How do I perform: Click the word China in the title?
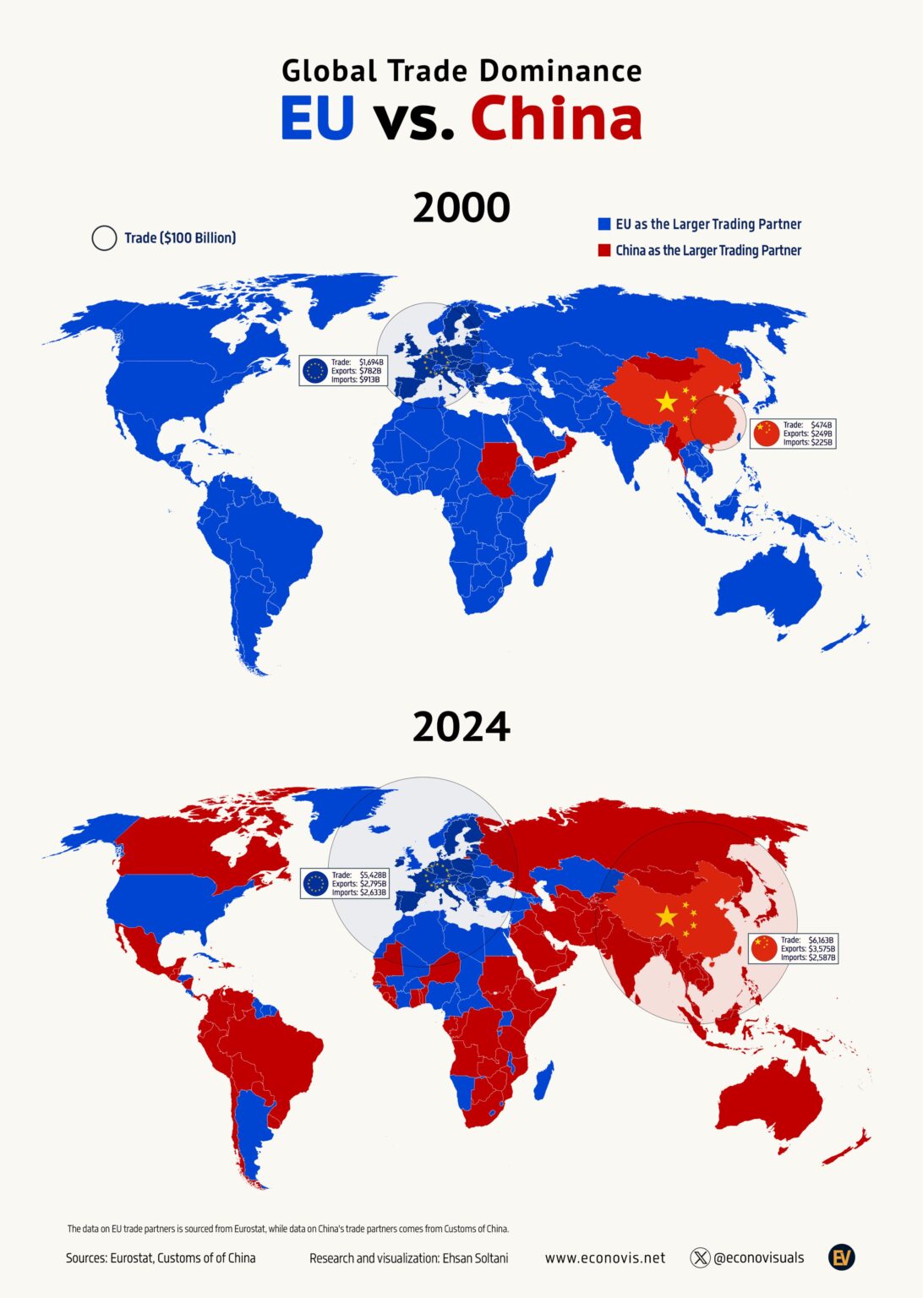[x=556, y=118]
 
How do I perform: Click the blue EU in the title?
[x=317, y=118]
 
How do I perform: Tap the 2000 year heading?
[x=461, y=208]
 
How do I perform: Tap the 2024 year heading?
[x=461, y=727]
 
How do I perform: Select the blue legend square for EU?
[x=603, y=224]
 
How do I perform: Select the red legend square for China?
[x=603, y=250]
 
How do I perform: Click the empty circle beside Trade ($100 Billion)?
[x=104, y=238]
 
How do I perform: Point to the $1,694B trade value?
[x=371, y=362]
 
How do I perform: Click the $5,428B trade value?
[x=373, y=875]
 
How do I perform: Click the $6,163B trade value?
[x=821, y=940]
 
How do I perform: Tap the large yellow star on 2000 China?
[x=667, y=401]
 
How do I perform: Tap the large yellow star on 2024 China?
[x=667, y=915]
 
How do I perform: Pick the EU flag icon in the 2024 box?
[x=316, y=884]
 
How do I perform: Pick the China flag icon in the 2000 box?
[x=766, y=434]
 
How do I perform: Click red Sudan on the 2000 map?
[x=496, y=470]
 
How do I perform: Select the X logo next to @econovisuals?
[x=700, y=1257]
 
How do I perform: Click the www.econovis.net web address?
[x=604, y=1257]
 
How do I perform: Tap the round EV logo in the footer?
[x=841, y=1257]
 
